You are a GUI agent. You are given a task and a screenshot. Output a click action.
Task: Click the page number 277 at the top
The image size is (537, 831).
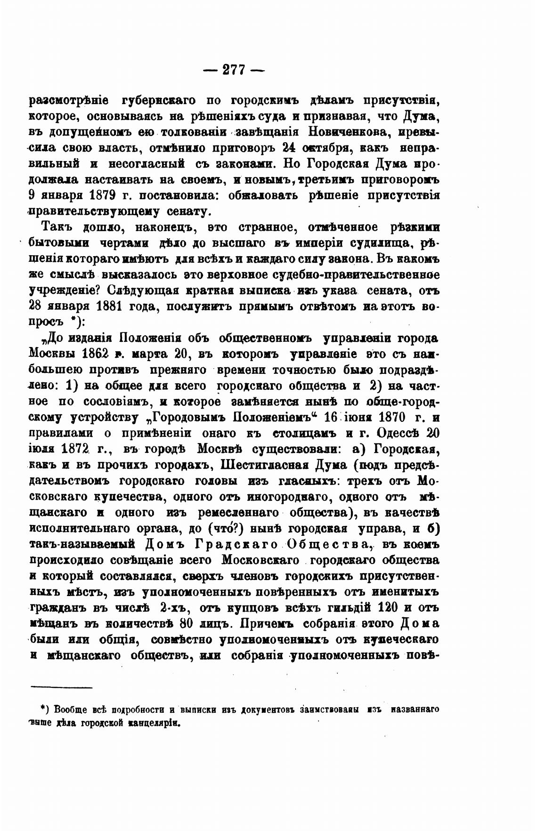[234, 70]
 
